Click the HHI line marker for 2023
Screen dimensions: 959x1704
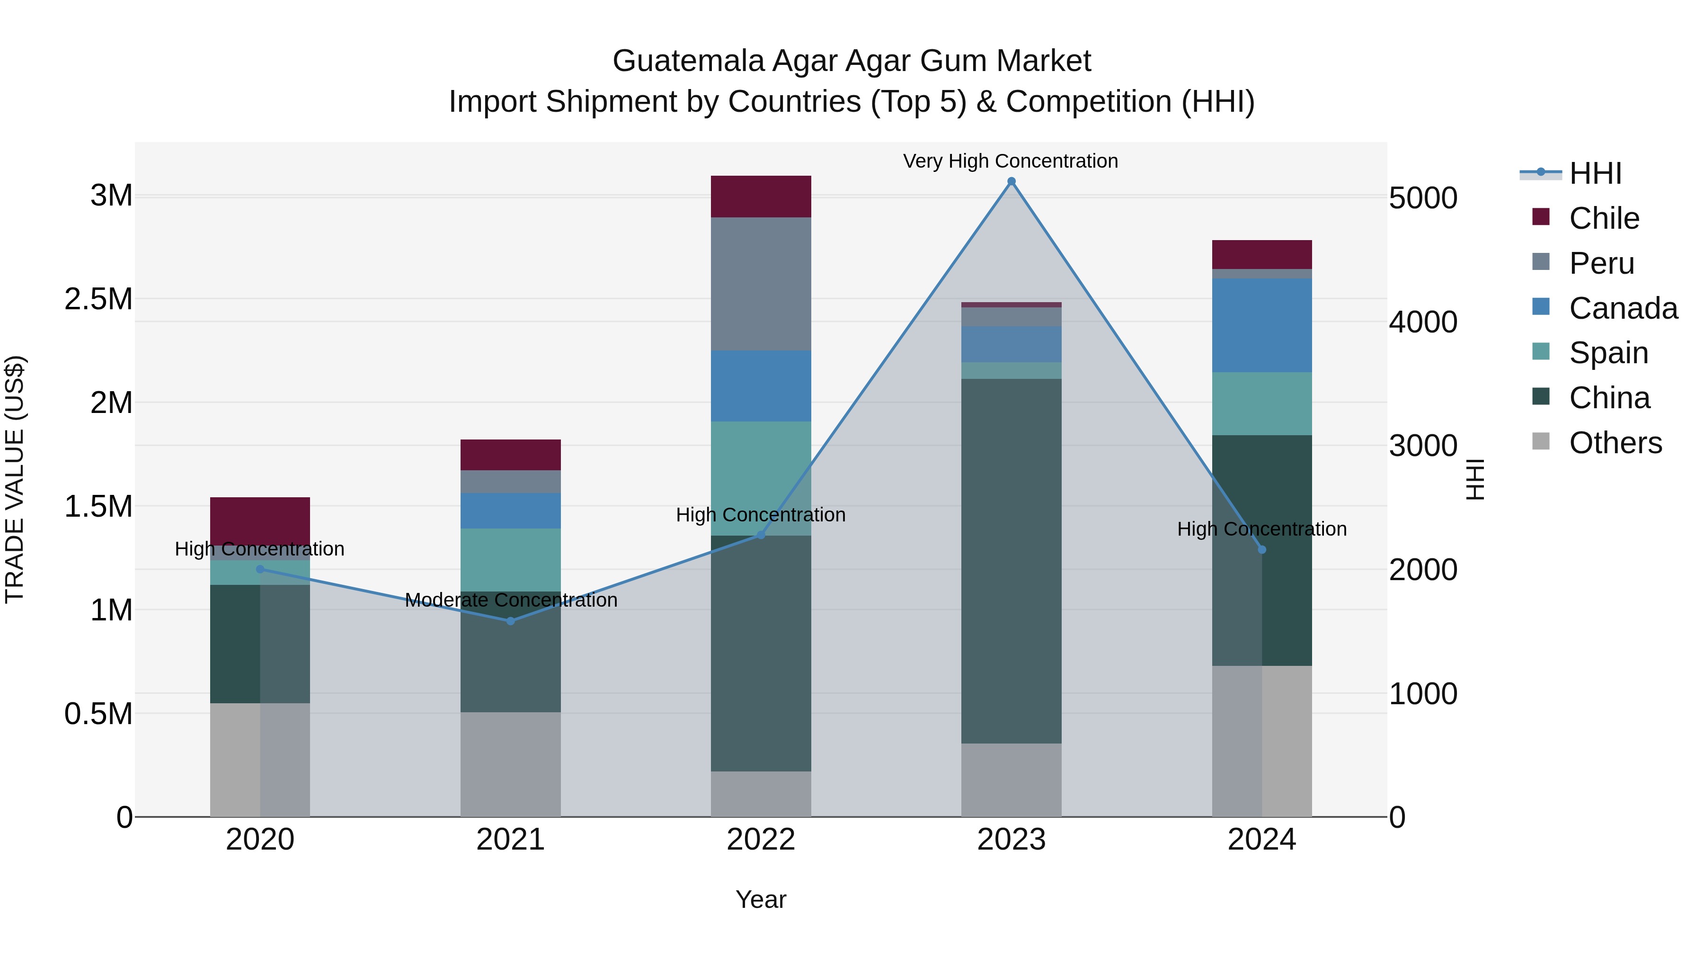tap(1011, 181)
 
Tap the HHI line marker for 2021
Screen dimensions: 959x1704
tap(510, 621)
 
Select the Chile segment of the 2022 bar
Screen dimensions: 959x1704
tap(761, 197)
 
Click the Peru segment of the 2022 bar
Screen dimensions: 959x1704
tap(761, 284)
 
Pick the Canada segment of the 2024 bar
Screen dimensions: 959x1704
tap(1261, 325)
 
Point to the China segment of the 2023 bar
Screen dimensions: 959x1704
tap(1011, 561)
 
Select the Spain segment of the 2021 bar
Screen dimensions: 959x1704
tap(510, 559)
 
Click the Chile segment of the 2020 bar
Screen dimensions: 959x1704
tap(260, 521)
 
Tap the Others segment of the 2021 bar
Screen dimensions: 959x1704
tap(510, 764)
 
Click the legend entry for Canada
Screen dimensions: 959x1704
tap(1622, 308)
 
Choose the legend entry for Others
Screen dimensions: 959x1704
tap(1614, 443)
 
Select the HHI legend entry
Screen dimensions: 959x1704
tap(1594, 173)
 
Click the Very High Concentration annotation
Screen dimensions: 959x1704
tap(1010, 161)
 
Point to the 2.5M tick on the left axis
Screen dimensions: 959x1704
tap(98, 299)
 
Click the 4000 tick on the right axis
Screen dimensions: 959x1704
tap(1422, 323)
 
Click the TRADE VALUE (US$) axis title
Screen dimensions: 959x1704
tap(15, 479)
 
